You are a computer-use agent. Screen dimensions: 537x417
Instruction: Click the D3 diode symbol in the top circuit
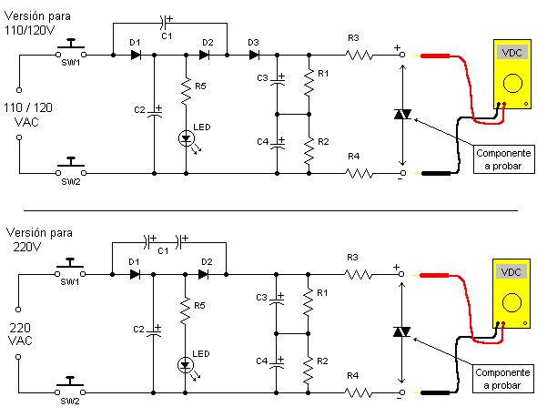coord(254,55)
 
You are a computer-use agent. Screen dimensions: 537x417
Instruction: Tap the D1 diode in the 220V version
coord(135,274)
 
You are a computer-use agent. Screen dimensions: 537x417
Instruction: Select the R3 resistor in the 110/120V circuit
coord(359,55)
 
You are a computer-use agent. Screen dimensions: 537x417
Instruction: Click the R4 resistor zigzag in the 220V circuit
coord(358,392)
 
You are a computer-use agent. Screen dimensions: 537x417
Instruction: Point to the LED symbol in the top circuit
coord(187,138)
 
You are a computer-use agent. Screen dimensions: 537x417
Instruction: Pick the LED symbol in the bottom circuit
coord(186,365)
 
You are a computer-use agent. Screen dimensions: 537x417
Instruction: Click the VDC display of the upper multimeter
coord(512,53)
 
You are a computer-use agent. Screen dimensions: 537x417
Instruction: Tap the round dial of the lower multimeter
coord(512,302)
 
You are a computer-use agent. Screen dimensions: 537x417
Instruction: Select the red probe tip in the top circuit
coord(435,56)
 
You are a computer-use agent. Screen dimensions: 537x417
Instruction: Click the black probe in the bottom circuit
coord(435,392)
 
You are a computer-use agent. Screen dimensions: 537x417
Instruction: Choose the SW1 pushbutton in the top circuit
coord(71,49)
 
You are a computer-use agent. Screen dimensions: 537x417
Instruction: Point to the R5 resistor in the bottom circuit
coord(186,310)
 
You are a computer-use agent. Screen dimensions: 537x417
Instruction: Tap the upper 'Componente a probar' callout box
coord(504,159)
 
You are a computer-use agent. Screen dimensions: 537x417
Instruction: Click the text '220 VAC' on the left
coord(21,334)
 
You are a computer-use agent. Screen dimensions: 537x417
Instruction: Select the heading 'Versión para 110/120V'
coord(37,23)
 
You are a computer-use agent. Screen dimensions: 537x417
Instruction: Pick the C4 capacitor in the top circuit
coord(278,144)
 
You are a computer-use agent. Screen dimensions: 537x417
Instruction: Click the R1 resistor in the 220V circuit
coord(309,301)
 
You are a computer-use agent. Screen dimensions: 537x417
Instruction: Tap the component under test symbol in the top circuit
coord(402,114)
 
